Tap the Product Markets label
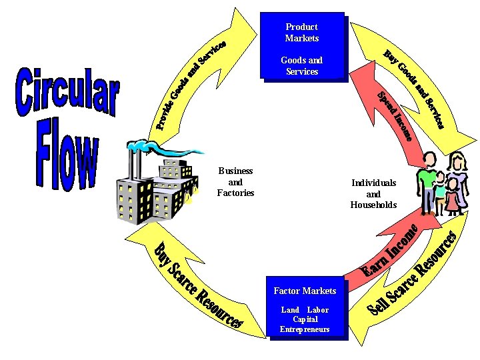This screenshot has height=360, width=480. tap(302, 33)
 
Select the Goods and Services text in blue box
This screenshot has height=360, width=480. tap(302, 65)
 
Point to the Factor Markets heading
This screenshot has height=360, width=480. tap(305, 291)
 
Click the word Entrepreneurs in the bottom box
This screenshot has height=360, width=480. tap(305, 329)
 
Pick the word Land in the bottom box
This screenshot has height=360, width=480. tap(290, 310)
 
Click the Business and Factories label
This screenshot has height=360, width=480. tap(235, 182)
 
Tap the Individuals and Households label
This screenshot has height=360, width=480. tap(373, 193)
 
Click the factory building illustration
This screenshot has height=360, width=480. tap(157, 190)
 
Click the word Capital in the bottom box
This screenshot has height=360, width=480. tap(305, 319)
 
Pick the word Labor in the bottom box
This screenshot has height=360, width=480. tap(318, 310)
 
